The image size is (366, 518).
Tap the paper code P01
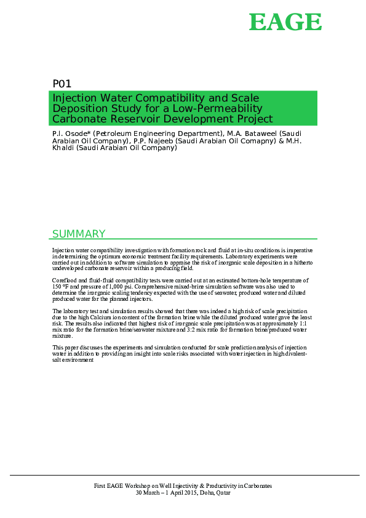[62, 84]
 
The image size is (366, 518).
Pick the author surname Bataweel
[258, 133]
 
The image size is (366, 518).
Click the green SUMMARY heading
[79, 234]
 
